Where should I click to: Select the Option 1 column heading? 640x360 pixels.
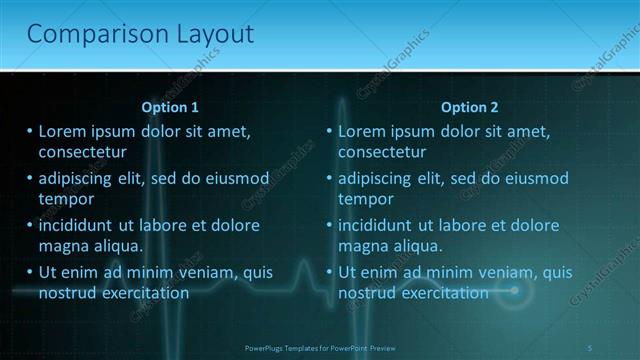click(170, 107)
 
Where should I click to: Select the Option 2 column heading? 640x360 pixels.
click(469, 107)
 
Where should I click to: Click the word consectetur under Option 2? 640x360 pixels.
click(382, 153)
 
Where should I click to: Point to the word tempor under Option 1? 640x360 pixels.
click(66, 199)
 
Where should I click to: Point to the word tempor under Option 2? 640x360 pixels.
click(366, 199)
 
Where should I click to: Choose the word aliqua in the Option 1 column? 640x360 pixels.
click(119, 246)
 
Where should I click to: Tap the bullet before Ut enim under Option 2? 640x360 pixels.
click(328, 272)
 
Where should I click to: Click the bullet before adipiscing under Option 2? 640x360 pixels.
click(328, 179)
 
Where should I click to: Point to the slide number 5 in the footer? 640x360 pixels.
click(590, 347)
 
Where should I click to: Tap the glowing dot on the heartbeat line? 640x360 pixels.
click(515, 291)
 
